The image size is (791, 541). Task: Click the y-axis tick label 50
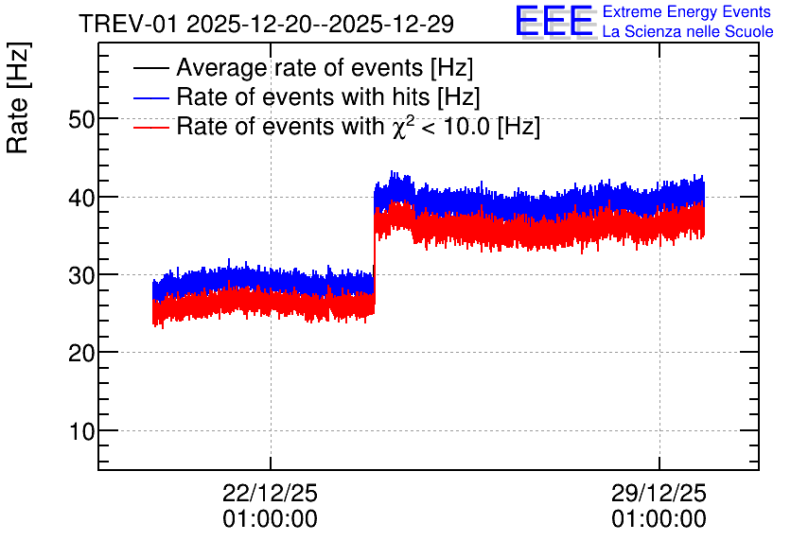coord(81,119)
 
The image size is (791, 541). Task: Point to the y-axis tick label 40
coord(81,198)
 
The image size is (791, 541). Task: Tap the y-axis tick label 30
coord(81,275)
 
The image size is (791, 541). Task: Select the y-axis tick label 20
coord(81,354)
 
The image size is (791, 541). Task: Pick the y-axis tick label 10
coord(81,431)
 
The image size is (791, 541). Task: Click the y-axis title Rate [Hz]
coord(18,97)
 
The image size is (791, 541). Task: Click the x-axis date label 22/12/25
coord(270,493)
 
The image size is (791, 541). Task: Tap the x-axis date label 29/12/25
coord(659,493)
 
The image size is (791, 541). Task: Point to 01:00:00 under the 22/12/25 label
coord(270,519)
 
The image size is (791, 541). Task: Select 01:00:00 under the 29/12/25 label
coord(659,519)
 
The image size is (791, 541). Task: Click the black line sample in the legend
coord(150,68)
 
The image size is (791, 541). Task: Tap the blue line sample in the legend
coord(150,97)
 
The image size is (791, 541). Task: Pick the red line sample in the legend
coord(150,128)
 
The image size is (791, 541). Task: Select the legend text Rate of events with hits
coord(303,97)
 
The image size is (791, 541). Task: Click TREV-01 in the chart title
coord(129,24)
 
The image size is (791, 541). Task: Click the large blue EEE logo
coord(554,21)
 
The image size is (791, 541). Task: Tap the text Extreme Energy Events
coord(687,11)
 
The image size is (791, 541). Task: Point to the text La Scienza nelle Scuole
coord(688,32)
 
